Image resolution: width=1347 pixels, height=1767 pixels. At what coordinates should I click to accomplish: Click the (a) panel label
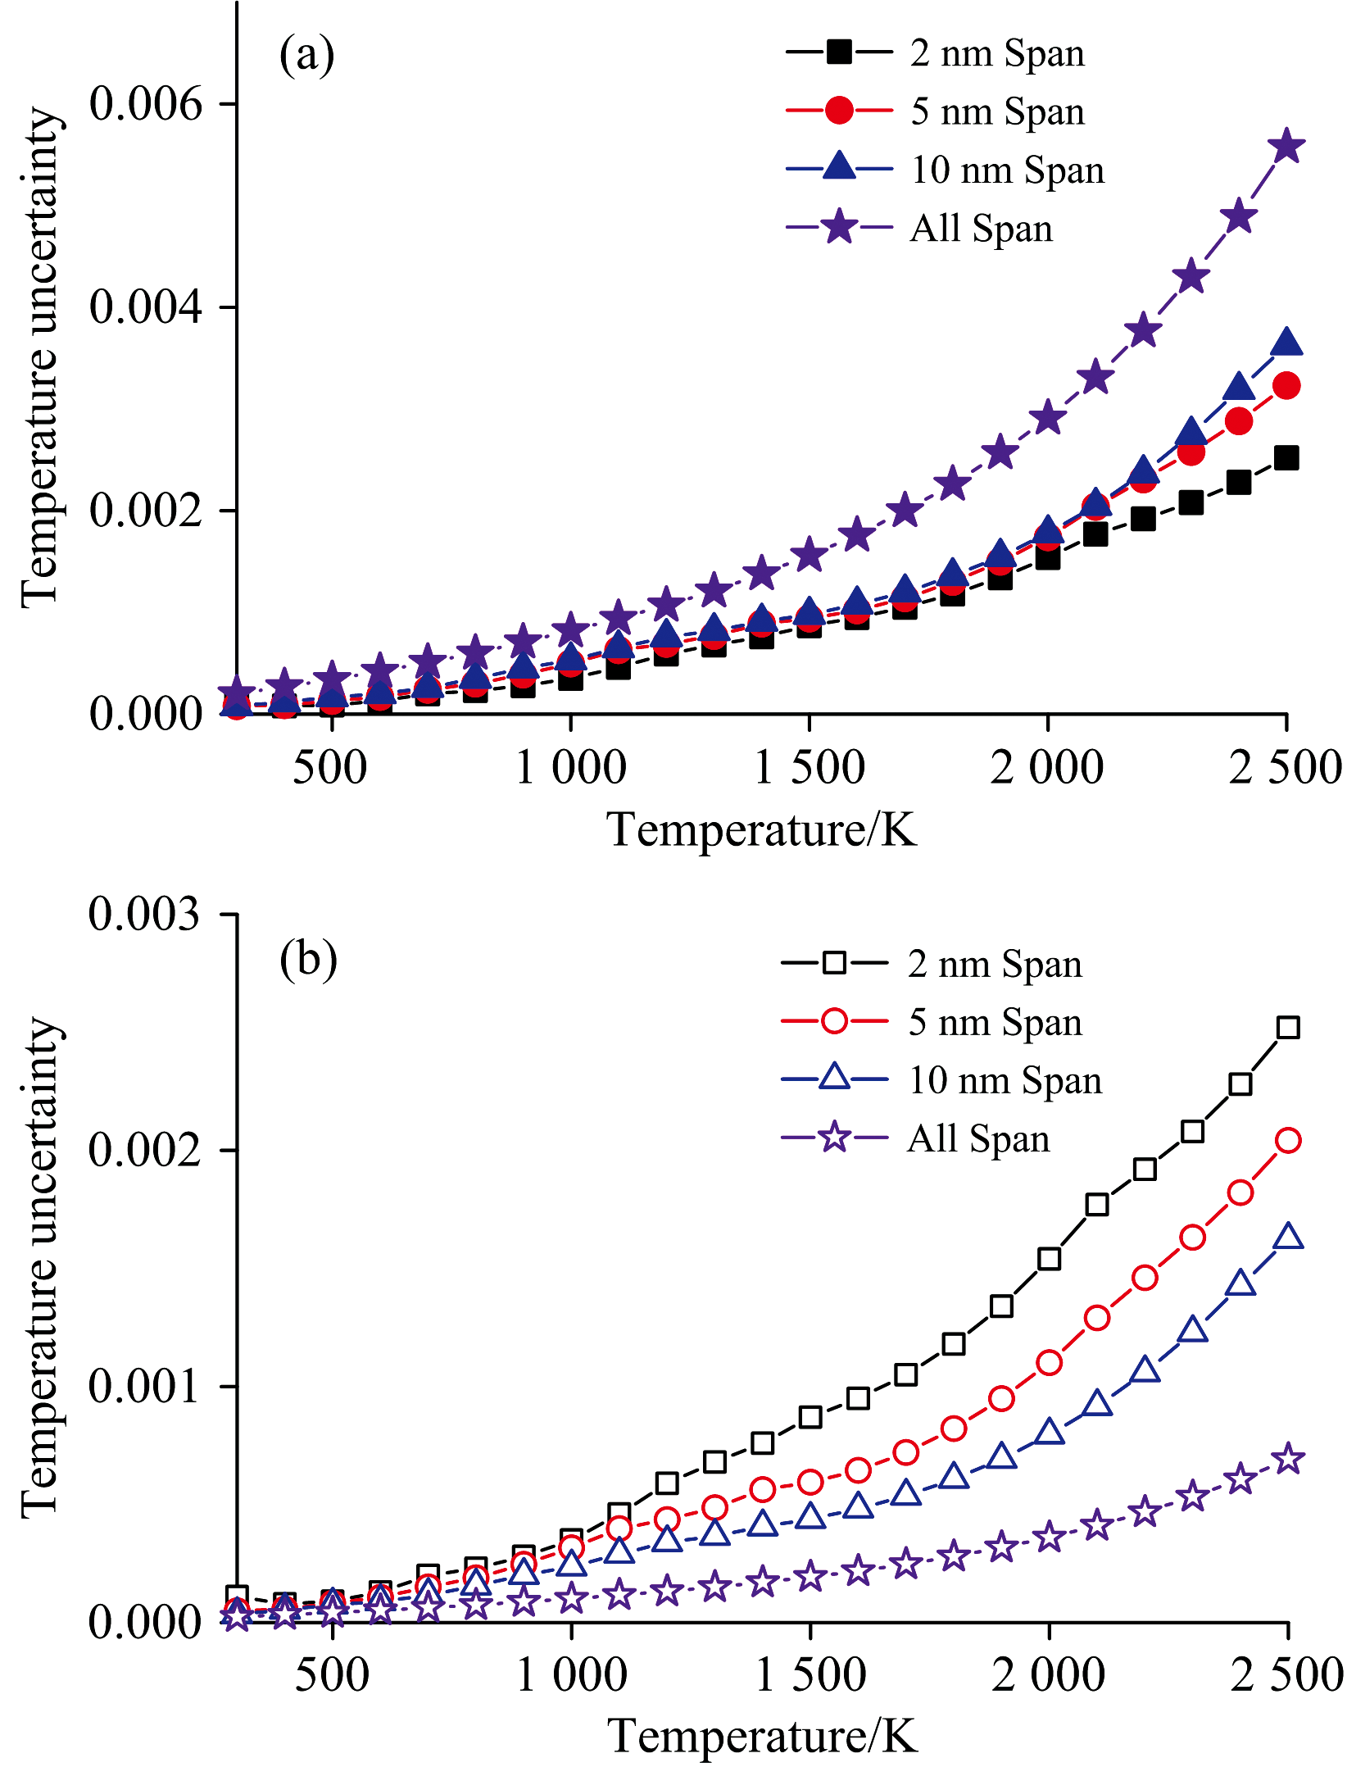point(306,56)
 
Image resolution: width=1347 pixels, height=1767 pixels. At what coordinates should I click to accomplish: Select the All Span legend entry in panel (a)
point(981,228)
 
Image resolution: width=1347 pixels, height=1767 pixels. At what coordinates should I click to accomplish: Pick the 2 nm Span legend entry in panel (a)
point(996,53)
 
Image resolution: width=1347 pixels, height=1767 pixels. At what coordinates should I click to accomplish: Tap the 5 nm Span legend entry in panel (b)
point(995,1022)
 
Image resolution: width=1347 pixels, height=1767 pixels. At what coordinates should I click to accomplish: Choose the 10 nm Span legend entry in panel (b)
point(1005,1080)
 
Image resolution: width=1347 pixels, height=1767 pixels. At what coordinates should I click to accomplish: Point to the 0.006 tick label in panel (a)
point(145,104)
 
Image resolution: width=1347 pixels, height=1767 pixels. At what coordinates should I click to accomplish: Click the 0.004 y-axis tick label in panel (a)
point(145,307)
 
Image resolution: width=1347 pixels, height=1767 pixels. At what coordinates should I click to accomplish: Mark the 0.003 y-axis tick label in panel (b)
point(144,914)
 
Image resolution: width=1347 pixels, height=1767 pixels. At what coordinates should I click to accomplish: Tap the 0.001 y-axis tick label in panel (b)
point(144,1386)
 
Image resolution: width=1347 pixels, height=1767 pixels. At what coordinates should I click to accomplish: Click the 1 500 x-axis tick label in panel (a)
point(809,768)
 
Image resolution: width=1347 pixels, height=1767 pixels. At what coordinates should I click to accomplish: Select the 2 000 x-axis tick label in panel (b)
point(1049,1674)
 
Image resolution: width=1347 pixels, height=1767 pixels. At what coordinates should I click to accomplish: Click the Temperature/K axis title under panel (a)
point(761,829)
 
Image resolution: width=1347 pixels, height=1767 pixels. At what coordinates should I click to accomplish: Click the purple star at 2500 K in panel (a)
point(1286,147)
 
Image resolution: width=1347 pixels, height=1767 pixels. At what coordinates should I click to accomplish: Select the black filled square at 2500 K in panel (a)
point(1286,458)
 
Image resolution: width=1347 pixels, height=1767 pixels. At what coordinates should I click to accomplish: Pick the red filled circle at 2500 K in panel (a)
point(1286,385)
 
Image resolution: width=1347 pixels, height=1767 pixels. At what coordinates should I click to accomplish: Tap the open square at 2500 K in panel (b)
point(1288,1027)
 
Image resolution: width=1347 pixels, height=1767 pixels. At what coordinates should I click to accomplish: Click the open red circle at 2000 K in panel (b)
point(1050,1363)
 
